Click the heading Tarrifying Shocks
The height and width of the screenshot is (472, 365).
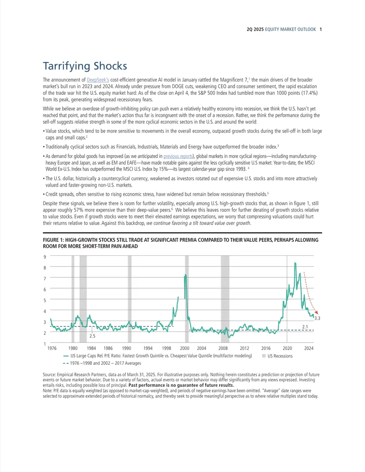[85, 66]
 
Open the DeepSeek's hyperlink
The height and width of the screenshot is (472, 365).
[98, 80]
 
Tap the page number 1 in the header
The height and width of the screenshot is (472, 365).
[321, 29]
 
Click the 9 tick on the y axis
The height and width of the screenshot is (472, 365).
[45, 257]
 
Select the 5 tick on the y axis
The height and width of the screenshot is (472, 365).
[45, 300]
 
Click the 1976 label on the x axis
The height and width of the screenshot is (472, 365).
[52, 348]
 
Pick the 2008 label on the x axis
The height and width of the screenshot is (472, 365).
[223, 348]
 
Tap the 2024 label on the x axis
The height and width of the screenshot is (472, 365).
[309, 348]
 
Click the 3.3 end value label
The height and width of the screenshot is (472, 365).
[317, 318]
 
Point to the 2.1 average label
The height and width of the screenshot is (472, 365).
[305, 327]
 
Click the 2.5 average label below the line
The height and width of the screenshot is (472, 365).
[92, 336]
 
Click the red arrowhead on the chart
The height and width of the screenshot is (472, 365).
[316, 313]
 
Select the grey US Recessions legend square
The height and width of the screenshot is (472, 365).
[264, 356]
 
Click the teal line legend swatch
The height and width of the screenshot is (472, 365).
[66, 356]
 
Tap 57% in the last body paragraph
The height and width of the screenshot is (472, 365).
[78, 210]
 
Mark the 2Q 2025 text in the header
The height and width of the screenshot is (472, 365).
[255, 29]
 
